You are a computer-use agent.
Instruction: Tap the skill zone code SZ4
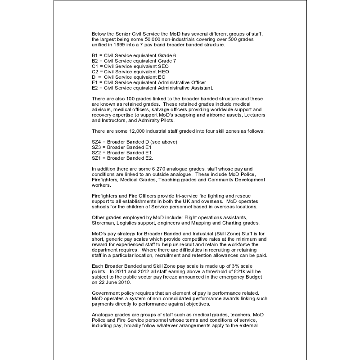[96, 142]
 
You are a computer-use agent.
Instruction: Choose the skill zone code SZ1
[96, 158]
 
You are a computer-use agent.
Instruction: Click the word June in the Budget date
[111, 282]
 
